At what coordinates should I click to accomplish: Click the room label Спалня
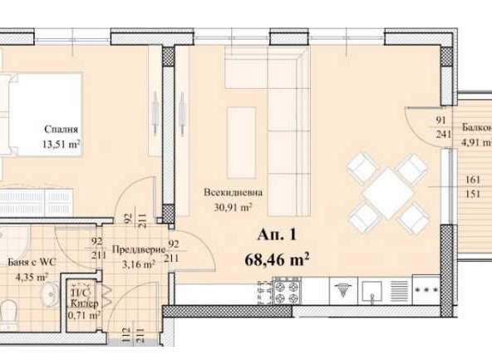[62, 129]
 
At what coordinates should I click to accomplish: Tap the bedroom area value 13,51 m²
[62, 143]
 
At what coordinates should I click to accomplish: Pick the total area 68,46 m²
[278, 258]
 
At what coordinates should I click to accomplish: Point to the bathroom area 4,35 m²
[31, 277]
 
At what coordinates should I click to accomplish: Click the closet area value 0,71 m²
[83, 316]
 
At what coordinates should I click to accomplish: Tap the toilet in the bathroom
[7, 314]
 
